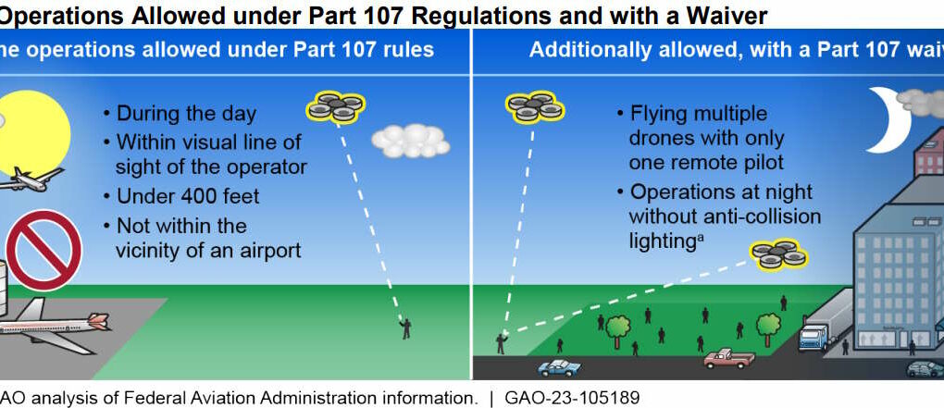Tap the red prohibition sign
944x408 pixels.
43,249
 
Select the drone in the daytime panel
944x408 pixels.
333,107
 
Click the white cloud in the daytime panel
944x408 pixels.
410,141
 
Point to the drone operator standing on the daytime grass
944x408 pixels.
405,328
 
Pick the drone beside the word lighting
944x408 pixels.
777,254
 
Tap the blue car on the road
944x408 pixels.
559,367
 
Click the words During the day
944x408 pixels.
186,115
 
